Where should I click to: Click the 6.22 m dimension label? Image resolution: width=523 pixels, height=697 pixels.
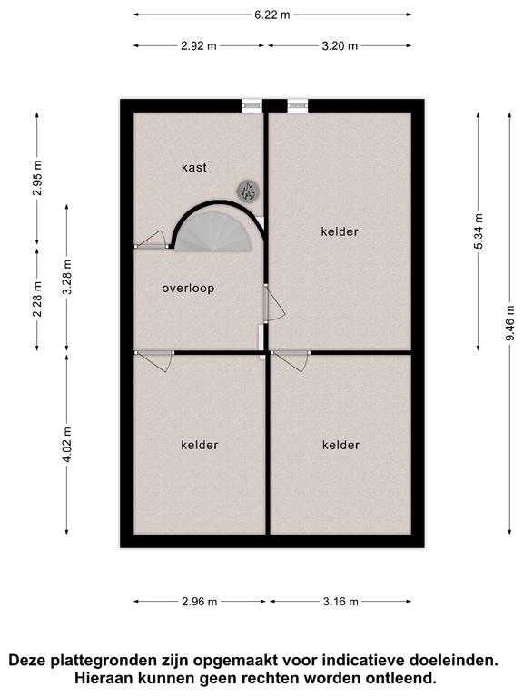click(x=271, y=15)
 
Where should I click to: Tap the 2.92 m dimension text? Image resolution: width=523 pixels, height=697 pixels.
click(x=198, y=45)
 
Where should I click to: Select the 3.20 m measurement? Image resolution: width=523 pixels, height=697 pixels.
click(x=340, y=45)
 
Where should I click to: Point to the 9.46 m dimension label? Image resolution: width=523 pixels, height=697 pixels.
click(x=509, y=323)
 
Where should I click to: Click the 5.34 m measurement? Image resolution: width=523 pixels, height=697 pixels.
click(x=479, y=231)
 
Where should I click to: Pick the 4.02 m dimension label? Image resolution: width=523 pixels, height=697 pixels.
click(x=66, y=445)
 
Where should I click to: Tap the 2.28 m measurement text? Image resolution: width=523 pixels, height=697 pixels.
click(x=37, y=299)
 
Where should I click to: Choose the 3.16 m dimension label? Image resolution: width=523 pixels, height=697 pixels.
click(x=340, y=602)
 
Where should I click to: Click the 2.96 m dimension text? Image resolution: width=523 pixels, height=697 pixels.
click(x=199, y=602)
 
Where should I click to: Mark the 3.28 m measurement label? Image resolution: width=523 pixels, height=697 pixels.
click(x=66, y=277)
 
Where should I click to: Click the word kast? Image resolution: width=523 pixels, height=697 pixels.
click(x=194, y=167)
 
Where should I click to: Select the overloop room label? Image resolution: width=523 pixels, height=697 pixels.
click(x=188, y=288)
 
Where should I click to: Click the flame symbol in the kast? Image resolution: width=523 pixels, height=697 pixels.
click(x=248, y=191)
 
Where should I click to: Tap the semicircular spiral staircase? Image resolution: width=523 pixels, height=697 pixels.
click(x=214, y=231)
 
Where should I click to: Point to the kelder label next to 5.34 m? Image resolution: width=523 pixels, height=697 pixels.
click(x=340, y=231)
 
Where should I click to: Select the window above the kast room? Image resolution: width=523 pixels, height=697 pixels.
click(x=252, y=105)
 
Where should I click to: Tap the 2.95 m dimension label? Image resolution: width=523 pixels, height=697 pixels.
click(x=37, y=178)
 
